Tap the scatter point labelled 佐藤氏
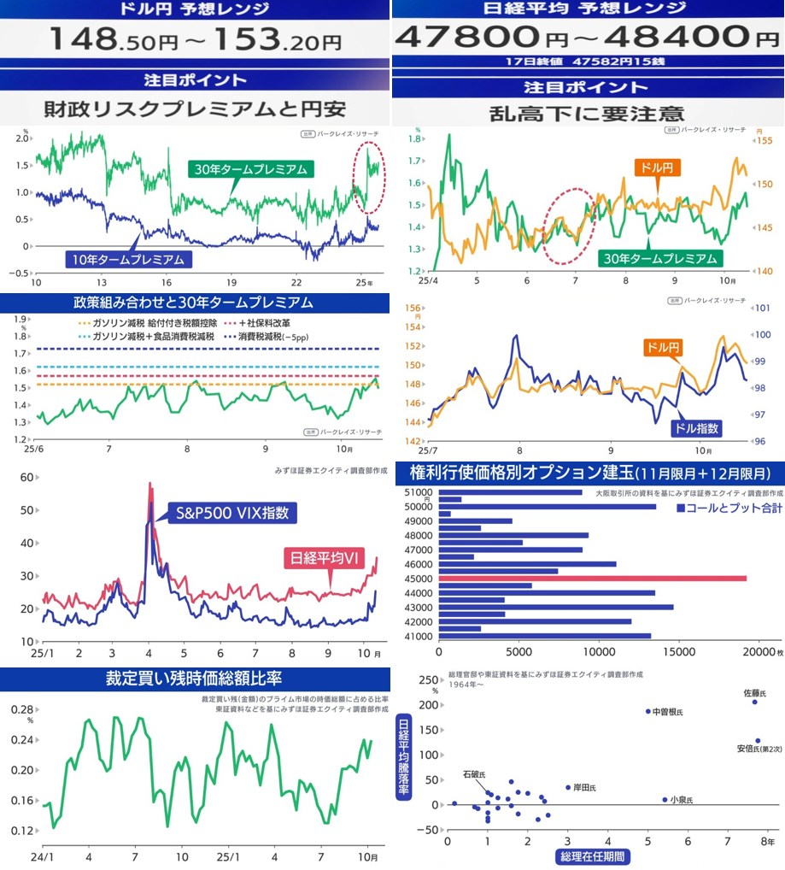(755, 702)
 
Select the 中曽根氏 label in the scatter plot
(667, 711)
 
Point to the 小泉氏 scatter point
(665, 799)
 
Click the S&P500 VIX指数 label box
(232, 513)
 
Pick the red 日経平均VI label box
(325, 558)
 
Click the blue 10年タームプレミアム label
(127, 257)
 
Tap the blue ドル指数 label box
(697, 428)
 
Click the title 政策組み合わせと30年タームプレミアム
(195, 303)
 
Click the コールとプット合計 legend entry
(729, 508)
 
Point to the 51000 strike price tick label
(419, 491)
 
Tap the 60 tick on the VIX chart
(26, 477)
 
